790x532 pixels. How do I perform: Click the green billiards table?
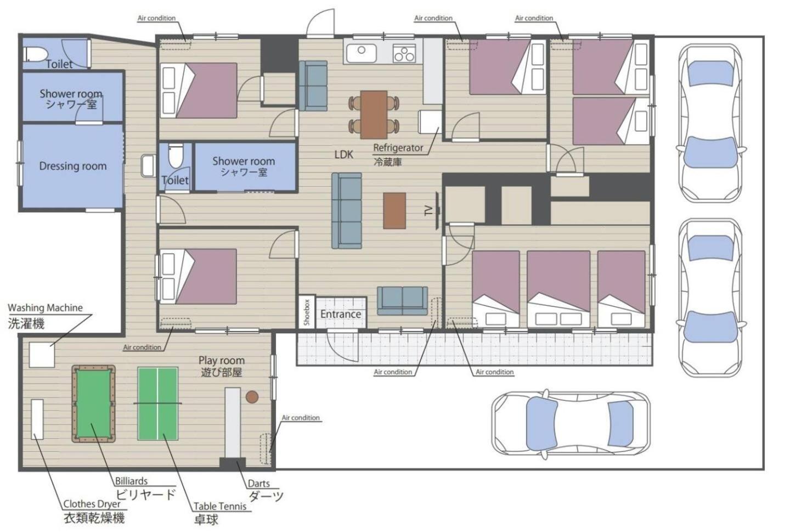coord(93,404)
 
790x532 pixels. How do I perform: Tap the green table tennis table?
coord(157,403)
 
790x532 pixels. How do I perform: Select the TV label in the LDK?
coord(428,211)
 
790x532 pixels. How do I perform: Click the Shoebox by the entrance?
coord(307,312)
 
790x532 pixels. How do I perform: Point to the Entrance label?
coord(340,314)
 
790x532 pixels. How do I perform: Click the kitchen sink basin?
coord(362,53)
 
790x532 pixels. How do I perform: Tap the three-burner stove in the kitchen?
coord(404,53)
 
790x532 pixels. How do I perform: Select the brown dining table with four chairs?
coord(374,115)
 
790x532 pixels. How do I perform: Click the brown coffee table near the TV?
coord(394,210)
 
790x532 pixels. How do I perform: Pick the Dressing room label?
coord(73,166)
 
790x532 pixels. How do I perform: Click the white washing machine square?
coord(42,355)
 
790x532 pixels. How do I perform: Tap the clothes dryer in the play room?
coord(37,419)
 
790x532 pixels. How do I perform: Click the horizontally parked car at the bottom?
coord(571,425)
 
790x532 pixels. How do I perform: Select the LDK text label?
coord(343,154)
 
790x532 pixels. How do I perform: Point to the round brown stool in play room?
coord(252,397)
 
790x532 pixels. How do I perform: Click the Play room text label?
coord(222,361)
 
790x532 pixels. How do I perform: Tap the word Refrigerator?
coord(398,148)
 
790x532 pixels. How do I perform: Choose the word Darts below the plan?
coord(258,483)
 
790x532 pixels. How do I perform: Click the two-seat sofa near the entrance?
coord(403,300)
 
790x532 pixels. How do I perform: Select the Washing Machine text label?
coord(45,308)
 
